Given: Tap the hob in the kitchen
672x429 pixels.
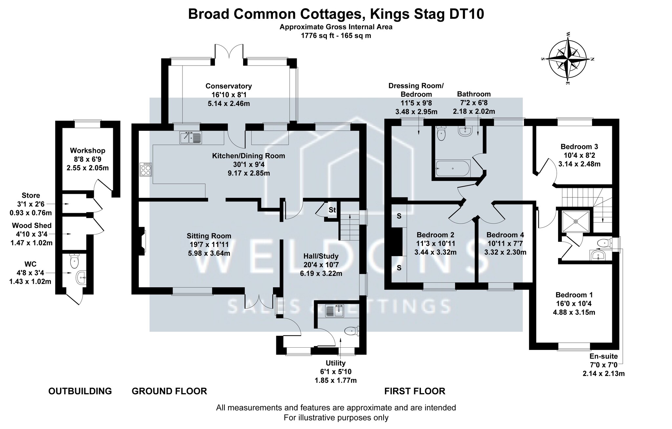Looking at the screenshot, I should [146, 170].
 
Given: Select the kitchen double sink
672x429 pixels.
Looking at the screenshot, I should [191, 137].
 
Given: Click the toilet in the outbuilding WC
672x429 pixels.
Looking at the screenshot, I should [74, 261].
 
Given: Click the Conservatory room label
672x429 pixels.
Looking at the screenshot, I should [229, 86].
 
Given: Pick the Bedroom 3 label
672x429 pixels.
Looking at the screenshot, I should [579, 147].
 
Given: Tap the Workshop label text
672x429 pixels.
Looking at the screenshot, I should [88, 151].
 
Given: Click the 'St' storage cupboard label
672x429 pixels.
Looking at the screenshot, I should [332, 210].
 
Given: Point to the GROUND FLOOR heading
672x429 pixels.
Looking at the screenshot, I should [169, 391].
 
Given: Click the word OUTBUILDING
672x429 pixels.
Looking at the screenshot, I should [80, 391].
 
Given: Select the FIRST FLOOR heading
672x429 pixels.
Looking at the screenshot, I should [415, 391].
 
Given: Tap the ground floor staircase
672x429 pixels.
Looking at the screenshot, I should [349, 227].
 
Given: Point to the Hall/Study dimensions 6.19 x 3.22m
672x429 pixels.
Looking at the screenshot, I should [321, 273].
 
